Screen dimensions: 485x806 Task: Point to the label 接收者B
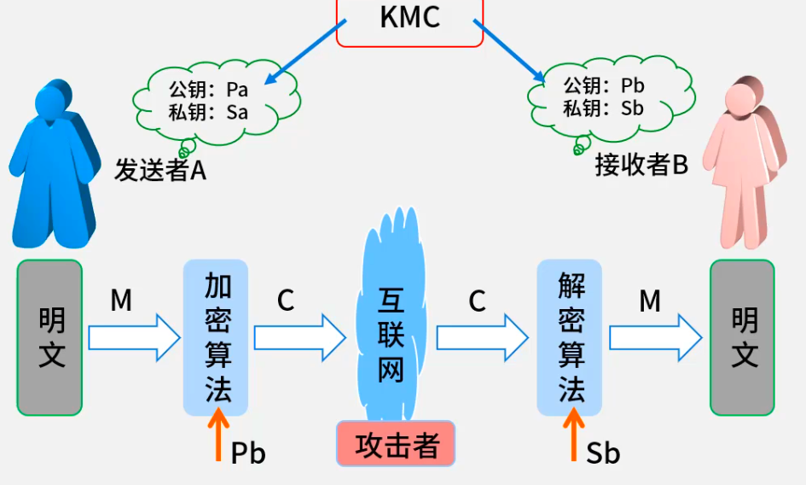point(641,165)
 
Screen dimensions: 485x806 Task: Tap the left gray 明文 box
point(50,337)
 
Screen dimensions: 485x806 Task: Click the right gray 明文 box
point(743,337)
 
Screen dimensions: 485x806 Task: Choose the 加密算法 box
point(216,337)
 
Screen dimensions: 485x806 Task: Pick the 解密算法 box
point(569,337)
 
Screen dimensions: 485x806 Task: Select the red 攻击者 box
point(396,444)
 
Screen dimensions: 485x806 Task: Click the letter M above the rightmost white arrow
point(650,301)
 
